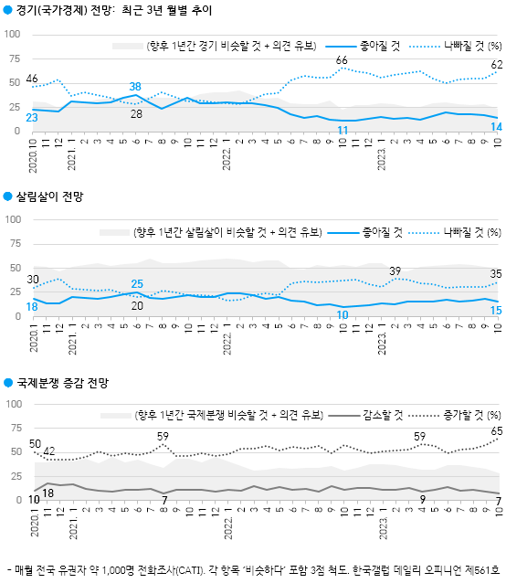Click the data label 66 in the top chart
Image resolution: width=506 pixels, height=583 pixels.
click(x=342, y=60)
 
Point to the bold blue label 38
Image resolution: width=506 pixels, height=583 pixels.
click(x=134, y=86)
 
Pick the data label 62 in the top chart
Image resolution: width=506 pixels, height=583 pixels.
click(x=496, y=65)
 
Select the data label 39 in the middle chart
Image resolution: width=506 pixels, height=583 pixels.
click(x=395, y=270)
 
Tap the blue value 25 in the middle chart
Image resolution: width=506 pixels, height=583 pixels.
click(x=136, y=284)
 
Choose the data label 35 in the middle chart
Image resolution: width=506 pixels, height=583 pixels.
click(x=496, y=273)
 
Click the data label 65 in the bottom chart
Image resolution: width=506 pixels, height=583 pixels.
click(x=496, y=429)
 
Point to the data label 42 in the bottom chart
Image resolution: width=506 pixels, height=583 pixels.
click(x=48, y=450)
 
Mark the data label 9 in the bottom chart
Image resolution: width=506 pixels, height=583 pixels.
click(x=422, y=498)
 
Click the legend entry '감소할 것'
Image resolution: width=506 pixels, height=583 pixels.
click(x=383, y=414)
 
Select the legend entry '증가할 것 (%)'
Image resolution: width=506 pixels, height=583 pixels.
click(x=471, y=414)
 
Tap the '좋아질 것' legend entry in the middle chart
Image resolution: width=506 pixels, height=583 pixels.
click(x=383, y=232)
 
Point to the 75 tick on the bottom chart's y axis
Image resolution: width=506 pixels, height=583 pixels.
click(x=16, y=428)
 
